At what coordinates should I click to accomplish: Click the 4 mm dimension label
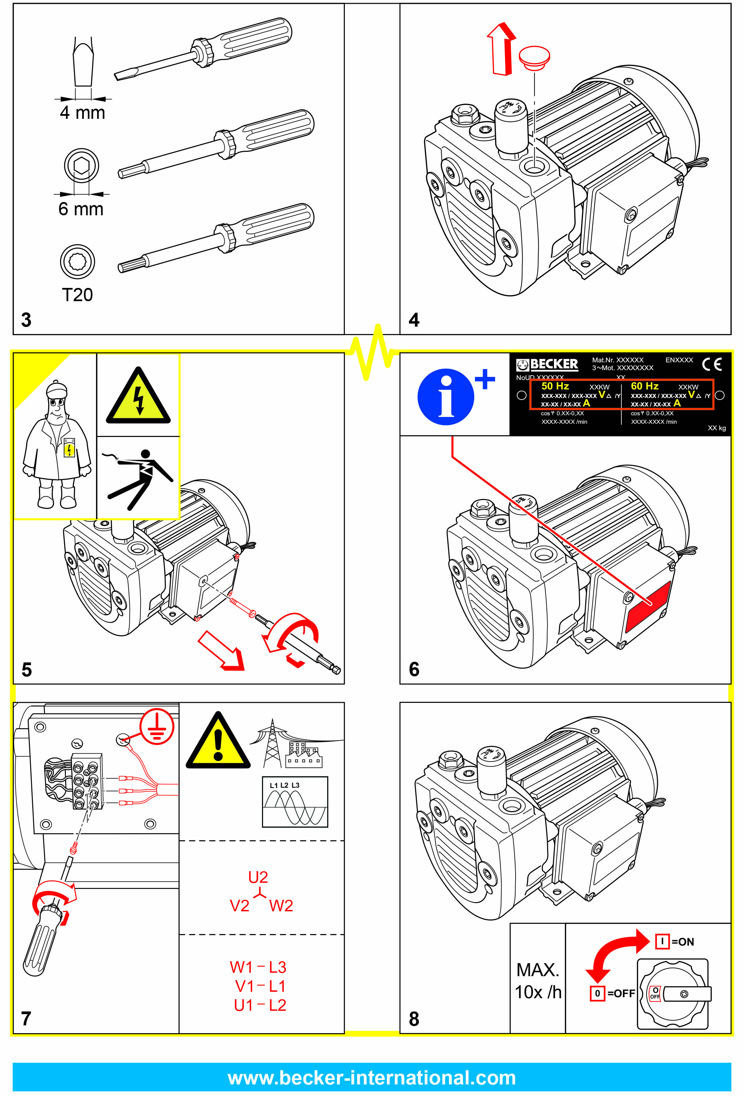tap(82, 113)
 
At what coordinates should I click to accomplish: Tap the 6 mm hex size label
tap(81, 209)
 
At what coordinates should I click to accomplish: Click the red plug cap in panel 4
tap(534, 57)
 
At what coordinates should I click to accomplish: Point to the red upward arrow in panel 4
tap(502, 48)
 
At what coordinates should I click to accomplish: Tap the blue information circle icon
tap(446, 397)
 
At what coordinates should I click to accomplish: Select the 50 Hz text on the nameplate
tap(555, 386)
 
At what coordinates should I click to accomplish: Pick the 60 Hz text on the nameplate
tap(645, 386)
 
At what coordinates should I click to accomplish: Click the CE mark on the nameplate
tap(711, 364)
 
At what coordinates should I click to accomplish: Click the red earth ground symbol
tap(157, 726)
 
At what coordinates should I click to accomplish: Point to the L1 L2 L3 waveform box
tap(295, 802)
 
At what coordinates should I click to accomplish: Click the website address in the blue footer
tap(372, 1078)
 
